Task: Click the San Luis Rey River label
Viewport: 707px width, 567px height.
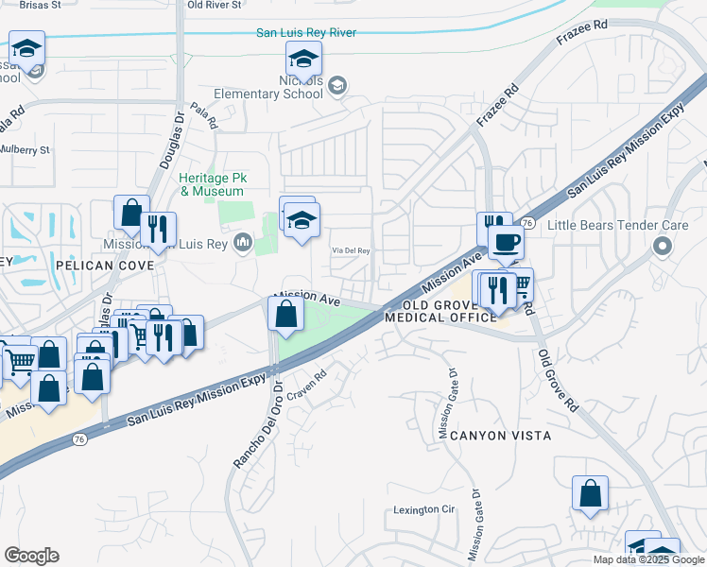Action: click(x=306, y=33)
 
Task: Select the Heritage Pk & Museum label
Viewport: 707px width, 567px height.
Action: click(x=212, y=184)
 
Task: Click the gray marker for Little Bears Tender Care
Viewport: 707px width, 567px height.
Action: click(x=661, y=247)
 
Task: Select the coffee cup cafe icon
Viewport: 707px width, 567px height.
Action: click(x=507, y=242)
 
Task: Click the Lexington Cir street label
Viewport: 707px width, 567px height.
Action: click(x=424, y=510)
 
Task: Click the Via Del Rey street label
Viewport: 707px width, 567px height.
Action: click(x=350, y=250)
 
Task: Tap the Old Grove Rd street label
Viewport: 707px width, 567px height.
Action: click(x=558, y=380)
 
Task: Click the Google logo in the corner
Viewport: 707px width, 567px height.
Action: click(x=31, y=556)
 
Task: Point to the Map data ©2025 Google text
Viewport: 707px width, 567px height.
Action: click(x=647, y=559)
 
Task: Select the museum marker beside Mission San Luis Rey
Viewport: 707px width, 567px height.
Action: click(x=244, y=244)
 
